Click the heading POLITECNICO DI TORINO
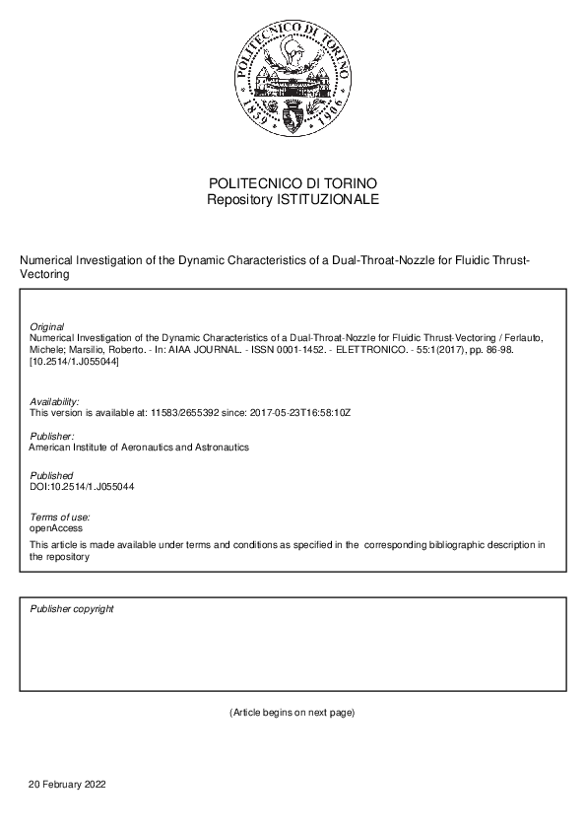(x=293, y=184)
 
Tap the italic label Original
(x=47, y=326)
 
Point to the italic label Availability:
(x=55, y=402)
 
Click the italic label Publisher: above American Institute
(x=52, y=436)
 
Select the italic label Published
(x=51, y=475)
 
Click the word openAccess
(x=56, y=528)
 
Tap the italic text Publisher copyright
(x=72, y=609)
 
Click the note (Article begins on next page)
(x=293, y=712)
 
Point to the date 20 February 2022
(x=67, y=785)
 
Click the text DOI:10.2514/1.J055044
(x=83, y=487)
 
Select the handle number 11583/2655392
(x=187, y=413)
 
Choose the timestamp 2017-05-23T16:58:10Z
(x=294, y=413)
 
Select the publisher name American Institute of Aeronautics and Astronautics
(x=140, y=448)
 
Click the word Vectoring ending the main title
(x=44, y=275)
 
